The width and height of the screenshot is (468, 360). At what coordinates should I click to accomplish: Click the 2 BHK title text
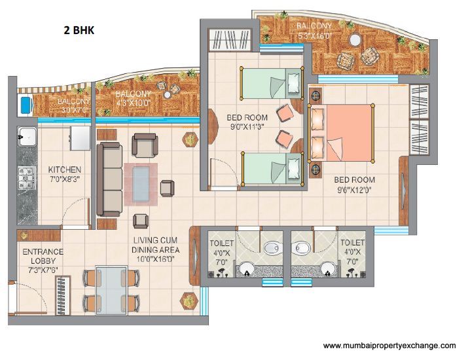tap(79, 30)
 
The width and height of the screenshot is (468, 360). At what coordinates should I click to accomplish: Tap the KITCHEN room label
tap(64, 170)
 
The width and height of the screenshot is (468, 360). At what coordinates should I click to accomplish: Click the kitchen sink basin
tap(27, 136)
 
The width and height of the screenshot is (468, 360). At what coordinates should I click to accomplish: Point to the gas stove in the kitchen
tap(27, 178)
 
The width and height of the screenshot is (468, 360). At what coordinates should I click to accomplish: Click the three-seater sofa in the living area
tap(109, 179)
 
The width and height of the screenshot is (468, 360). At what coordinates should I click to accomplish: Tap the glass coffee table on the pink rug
tap(141, 184)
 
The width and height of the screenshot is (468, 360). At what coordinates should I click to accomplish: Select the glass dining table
tap(111, 291)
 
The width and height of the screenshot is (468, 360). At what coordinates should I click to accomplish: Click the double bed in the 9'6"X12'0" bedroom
tap(341, 133)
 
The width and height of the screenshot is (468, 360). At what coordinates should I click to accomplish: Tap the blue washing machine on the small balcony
tap(26, 105)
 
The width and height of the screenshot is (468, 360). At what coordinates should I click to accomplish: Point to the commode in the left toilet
tap(273, 247)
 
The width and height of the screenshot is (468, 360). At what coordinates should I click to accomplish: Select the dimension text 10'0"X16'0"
tap(156, 259)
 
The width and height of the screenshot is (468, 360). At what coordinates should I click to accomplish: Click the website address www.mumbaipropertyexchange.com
tap(389, 346)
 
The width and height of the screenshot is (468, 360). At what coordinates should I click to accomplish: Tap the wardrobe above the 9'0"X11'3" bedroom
tap(230, 39)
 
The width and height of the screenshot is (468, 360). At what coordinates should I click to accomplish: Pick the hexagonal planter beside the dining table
tap(189, 301)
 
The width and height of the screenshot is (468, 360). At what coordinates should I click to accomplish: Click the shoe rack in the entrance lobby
tap(63, 295)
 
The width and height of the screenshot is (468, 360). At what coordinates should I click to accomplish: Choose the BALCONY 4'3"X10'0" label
tap(134, 98)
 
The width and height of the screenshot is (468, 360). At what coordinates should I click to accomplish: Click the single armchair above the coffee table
tap(145, 145)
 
